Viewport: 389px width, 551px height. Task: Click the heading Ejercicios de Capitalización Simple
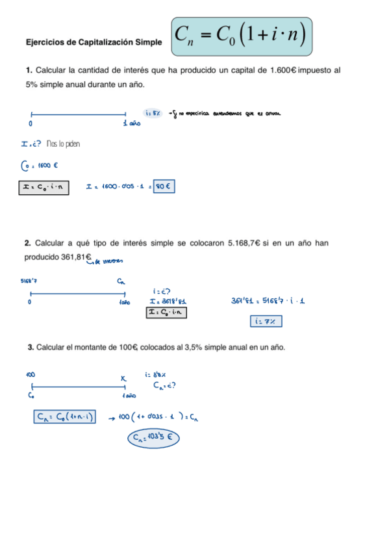tap(94, 42)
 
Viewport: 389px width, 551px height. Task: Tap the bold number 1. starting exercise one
tap(29, 70)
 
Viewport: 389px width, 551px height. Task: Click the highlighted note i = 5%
tap(153, 112)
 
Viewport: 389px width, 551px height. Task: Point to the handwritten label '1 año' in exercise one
tap(132, 123)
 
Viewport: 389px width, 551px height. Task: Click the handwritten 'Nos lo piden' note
tap(64, 144)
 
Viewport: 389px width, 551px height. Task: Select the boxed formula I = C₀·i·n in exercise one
tap(42, 188)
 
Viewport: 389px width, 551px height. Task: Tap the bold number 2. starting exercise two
tap(29, 243)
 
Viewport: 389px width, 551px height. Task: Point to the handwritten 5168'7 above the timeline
tap(30, 281)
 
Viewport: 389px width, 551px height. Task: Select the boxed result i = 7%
tap(266, 321)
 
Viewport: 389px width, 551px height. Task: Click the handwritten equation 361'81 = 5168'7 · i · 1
tap(269, 301)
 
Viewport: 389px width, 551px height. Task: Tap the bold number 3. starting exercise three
tap(31, 348)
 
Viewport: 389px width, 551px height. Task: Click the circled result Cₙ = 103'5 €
tap(153, 438)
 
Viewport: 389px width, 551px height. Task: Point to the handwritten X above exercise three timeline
tap(123, 378)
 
